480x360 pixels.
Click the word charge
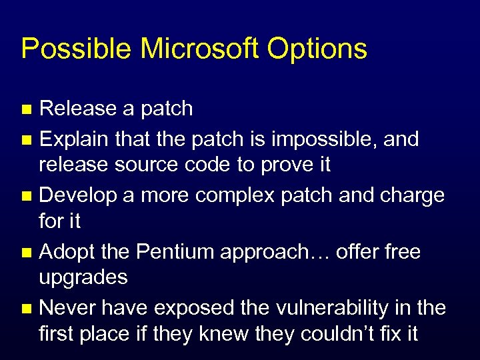409,196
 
